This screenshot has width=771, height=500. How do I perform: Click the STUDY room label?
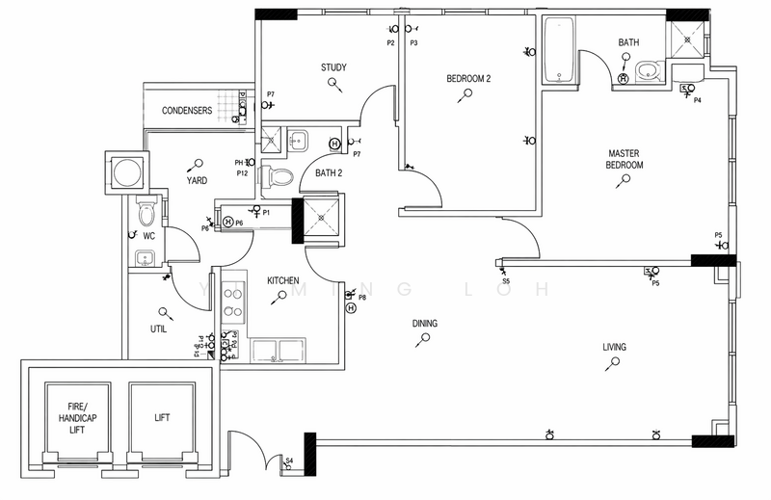(333, 67)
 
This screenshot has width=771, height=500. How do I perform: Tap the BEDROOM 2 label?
(468, 78)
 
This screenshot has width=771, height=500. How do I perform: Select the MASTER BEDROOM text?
(625, 159)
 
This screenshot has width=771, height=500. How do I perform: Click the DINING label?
(425, 324)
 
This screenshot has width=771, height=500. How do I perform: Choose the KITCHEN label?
(283, 280)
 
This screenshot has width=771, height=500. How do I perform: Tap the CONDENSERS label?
(187, 111)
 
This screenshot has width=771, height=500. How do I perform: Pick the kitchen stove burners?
(233, 299)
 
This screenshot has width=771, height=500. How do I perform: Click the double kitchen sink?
(279, 350)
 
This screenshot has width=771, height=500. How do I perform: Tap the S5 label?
(505, 281)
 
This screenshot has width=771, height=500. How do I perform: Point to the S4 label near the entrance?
(289, 461)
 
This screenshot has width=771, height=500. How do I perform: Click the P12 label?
(243, 173)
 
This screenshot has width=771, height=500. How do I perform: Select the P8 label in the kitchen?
(362, 298)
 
